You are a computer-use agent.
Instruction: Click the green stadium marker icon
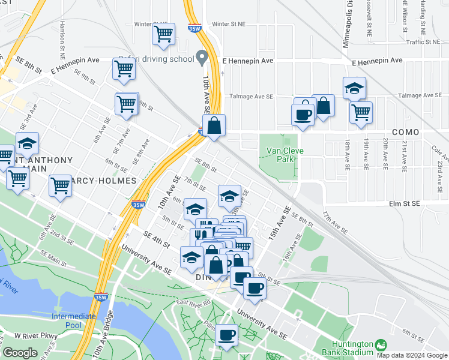(380, 344)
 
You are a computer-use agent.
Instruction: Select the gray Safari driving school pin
(202, 59)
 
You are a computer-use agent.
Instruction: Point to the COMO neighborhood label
(405, 132)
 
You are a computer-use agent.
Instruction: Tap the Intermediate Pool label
(74, 320)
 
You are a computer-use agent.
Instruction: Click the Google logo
(20, 353)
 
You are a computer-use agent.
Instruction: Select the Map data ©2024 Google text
(411, 355)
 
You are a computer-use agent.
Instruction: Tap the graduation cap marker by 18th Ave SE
(355, 88)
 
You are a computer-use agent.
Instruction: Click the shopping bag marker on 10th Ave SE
(214, 125)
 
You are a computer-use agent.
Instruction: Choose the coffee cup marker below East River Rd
(227, 335)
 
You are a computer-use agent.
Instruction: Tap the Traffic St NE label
(424, 42)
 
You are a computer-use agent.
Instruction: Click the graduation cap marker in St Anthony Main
(27, 143)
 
